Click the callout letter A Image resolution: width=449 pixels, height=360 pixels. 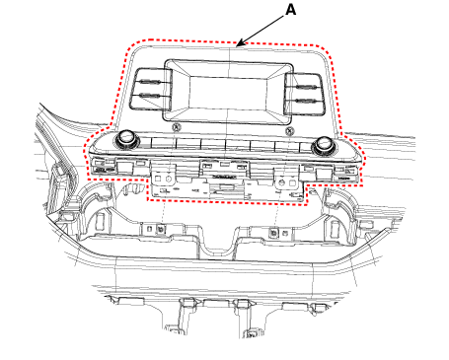point(290,10)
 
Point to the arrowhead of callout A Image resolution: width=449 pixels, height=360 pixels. point(240,43)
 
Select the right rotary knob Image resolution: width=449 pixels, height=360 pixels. point(324,145)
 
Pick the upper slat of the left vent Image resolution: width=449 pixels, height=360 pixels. point(150,83)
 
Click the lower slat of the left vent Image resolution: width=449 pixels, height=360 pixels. point(150,96)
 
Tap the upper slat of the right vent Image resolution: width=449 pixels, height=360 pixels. point(306,87)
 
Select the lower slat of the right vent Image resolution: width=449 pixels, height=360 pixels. point(306,101)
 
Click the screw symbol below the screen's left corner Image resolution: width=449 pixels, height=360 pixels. point(177,127)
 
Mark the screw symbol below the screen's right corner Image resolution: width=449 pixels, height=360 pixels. point(289,131)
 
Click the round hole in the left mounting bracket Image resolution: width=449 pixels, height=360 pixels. point(169,179)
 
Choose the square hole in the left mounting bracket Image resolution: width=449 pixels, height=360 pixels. point(158,179)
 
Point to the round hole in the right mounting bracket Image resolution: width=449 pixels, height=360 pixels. point(281,181)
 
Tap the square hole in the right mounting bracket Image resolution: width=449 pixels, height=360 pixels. point(292,182)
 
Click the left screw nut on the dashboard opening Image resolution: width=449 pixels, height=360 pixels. point(161,228)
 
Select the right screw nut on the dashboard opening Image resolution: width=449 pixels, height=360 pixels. point(273,233)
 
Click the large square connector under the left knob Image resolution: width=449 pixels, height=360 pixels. point(124,167)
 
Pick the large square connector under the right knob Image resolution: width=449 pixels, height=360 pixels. point(324,174)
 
